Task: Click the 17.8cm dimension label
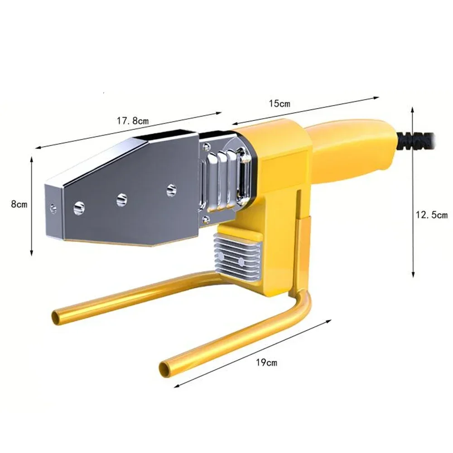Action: pyautogui.click(x=133, y=120)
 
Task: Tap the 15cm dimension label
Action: pyautogui.click(x=280, y=103)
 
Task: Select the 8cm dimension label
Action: pyautogui.click(x=19, y=204)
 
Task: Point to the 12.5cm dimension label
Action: pyautogui.click(x=432, y=215)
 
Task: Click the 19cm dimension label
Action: pyautogui.click(x=266, y=362)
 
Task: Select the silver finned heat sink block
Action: pyautogui.click(x=237, y=257)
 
